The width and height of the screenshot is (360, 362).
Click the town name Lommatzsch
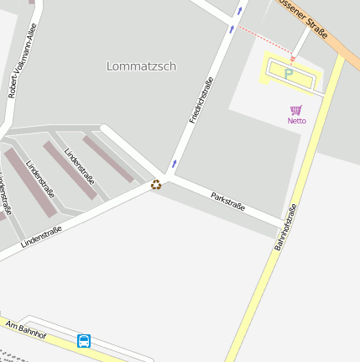(142, 66)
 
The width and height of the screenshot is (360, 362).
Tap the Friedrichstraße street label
(201, 101)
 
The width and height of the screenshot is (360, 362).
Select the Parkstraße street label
(228, 202)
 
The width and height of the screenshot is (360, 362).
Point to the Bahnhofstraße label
(285, 228)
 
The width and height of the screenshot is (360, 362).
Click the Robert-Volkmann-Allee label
(23, 60)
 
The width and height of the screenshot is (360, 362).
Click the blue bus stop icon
(84, 340)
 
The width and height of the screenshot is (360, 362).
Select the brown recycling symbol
(156, 185)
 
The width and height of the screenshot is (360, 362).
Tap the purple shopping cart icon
(296, 110)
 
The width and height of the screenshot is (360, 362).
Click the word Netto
(296, 121)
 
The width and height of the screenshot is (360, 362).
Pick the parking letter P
(289, 74)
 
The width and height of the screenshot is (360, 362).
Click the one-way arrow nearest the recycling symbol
(175, 163)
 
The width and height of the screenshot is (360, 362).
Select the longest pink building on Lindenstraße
(30, 181)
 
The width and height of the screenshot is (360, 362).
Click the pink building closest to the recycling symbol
(107, 159)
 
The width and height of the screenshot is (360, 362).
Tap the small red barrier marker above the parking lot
(293, 59)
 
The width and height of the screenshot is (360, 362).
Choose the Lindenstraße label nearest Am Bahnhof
(41, 234)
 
